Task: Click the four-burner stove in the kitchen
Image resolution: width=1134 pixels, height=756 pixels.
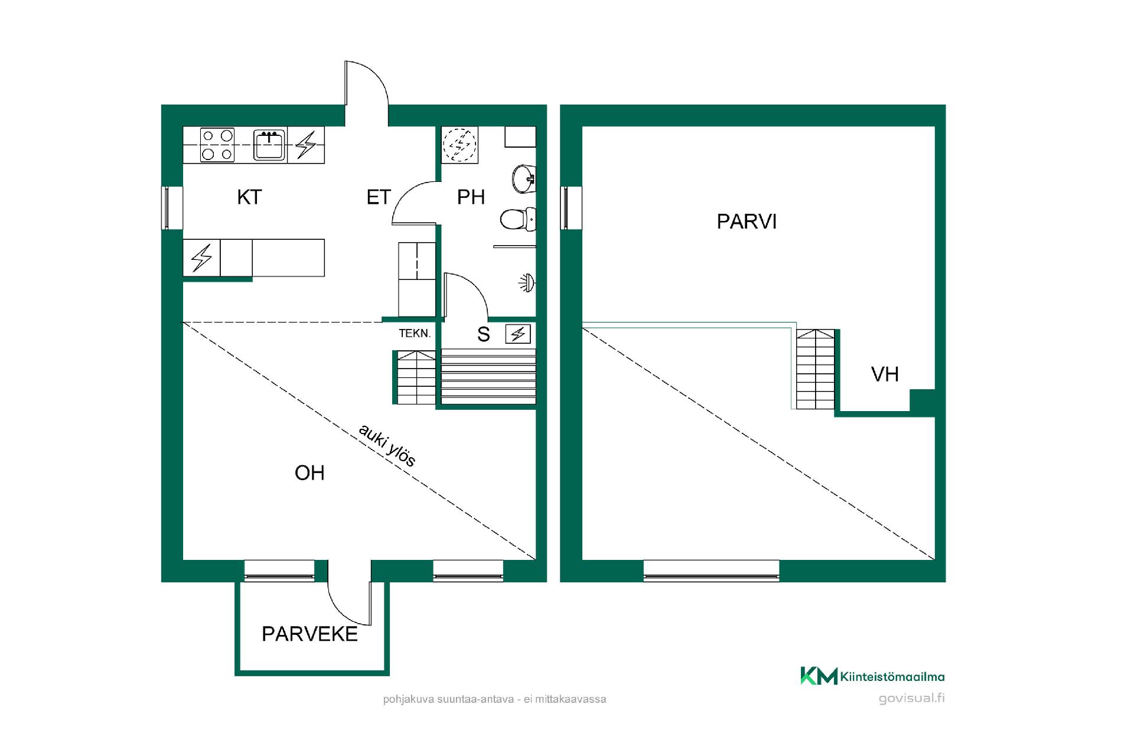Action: [217, 145]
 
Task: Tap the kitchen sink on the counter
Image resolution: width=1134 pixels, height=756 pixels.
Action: [269, 145]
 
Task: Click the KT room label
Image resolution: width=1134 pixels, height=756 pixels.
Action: [249, 197]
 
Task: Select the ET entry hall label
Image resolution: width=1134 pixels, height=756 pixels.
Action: [379, 197]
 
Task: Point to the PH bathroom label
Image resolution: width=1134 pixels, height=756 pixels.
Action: [471, 197]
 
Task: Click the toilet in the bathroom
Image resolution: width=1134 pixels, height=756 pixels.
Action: [518, 220]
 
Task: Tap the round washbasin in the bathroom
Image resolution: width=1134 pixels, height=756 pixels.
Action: [524, 178]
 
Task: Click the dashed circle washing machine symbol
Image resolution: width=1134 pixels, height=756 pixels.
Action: [460, 145]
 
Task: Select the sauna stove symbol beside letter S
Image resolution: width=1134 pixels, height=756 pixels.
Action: [518, 334]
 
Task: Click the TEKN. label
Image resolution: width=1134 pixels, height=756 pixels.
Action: [415, 334]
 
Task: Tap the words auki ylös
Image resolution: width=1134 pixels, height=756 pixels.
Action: [387, 445]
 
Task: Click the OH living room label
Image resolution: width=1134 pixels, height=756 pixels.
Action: [309, 473]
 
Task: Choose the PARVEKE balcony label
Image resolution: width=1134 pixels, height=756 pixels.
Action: [309, 634]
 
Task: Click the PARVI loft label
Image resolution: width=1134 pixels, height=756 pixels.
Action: [747, 222]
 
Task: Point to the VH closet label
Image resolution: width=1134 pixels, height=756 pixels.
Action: [885, 374]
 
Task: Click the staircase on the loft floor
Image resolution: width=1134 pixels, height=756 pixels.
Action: [816, 370]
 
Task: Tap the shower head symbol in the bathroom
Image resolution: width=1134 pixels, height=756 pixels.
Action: [527, 283]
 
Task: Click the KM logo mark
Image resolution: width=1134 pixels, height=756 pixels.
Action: [819, 676]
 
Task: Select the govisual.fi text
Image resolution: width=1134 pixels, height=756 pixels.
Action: [911, 698]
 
